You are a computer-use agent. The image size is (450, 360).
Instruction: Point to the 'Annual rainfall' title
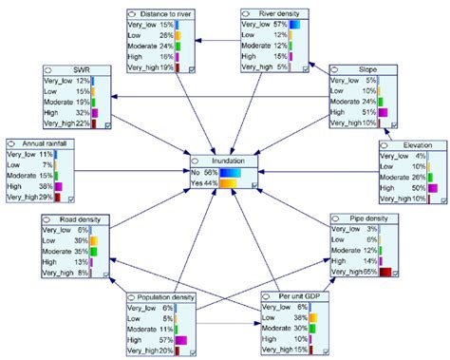click(45, 140)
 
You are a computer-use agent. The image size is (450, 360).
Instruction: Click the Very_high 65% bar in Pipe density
click(385, 272)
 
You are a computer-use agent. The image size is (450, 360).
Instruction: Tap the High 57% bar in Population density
click(181, 339)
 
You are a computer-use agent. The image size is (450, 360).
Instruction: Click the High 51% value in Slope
click(363, 111)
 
